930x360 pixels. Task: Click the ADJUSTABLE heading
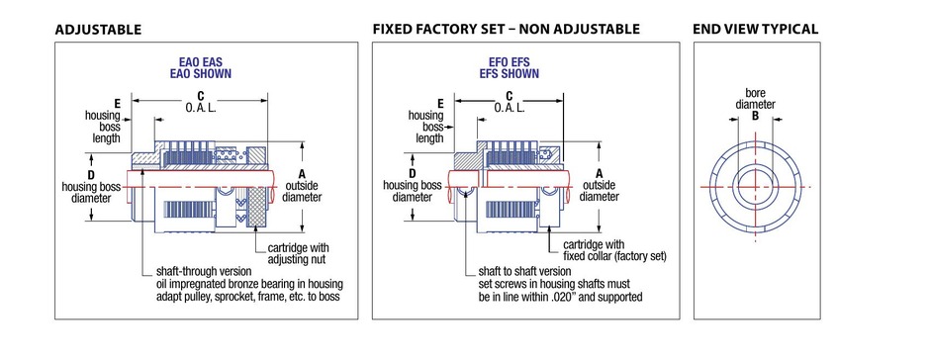click(99, 30)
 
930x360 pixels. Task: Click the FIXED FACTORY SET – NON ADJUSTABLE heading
click(507, 29)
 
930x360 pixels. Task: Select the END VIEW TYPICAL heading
click(756, 29)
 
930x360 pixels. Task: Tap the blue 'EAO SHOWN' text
click(205, 74)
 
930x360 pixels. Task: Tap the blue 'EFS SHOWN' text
click(510, 74)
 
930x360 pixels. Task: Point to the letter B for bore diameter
click(755, 116)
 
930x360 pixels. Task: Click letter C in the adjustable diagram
click(201, 96)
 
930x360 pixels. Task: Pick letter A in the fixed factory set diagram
click(599, 174)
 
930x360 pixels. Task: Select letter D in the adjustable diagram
click(91, 176)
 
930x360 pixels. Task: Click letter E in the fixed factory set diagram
click(440, 104)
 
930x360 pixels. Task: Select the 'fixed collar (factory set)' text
click(614, 257)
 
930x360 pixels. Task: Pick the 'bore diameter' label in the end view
click(756, 99)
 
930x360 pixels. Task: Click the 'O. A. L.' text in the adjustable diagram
click(201, 108)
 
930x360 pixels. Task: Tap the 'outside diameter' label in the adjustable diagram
click(302, 192)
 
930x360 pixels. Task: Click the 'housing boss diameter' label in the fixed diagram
click(413, 191)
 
